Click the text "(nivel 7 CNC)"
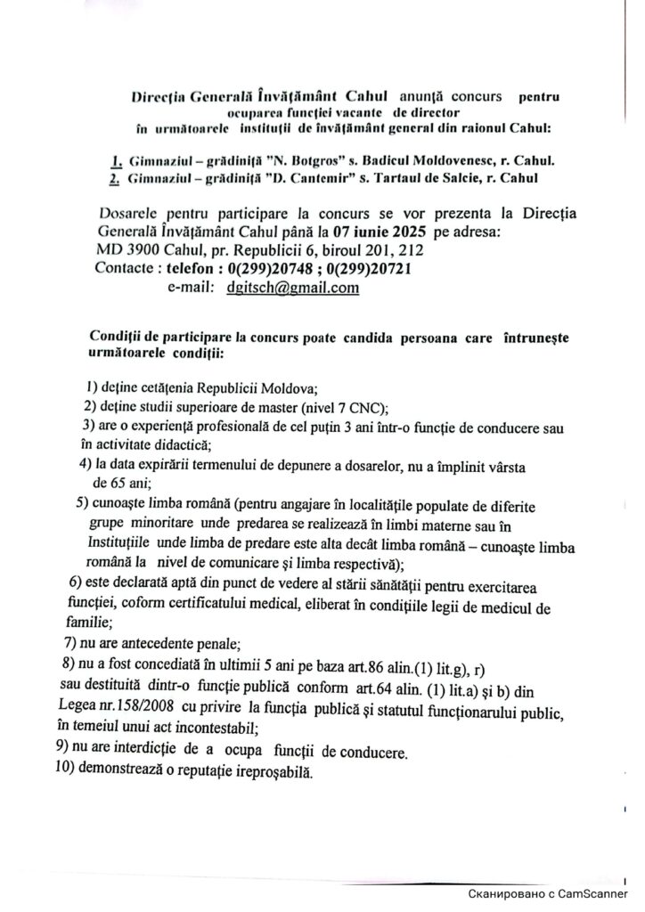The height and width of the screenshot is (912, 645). (342, 408)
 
